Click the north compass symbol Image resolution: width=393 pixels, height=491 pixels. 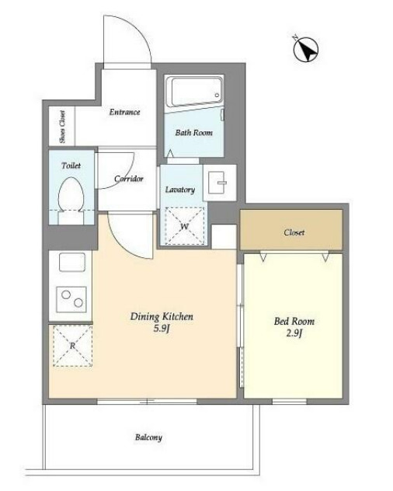click(306, 50)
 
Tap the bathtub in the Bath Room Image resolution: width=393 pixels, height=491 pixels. click(194, 91)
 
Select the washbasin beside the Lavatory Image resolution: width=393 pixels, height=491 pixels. click(220, 183)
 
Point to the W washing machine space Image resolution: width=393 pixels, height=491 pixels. click(184, 225)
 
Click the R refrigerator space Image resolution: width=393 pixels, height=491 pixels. click(73, 346)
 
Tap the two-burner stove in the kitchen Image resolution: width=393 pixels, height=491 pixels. click(71, 299)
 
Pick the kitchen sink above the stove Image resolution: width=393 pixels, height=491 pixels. click(72, 262)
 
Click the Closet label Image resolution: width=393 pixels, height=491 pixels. click(294, 232)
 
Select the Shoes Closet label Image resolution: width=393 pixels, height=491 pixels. click(62, 127)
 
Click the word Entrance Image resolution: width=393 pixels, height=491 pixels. click(124, 112)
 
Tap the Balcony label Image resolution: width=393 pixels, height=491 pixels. click(149, 437)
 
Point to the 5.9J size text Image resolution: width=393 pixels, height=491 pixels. click(162, 329)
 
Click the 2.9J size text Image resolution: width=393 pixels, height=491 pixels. click(294, 333)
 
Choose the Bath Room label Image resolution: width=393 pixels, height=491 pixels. click(194, 132)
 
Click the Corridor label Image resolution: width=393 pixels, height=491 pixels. click(129, 179)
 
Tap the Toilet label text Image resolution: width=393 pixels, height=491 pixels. click(71, 165)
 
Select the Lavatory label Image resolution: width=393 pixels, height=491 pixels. click(180, 190)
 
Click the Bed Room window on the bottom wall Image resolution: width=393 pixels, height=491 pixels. click(290, 401)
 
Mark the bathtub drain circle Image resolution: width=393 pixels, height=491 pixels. click(217, 96)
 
